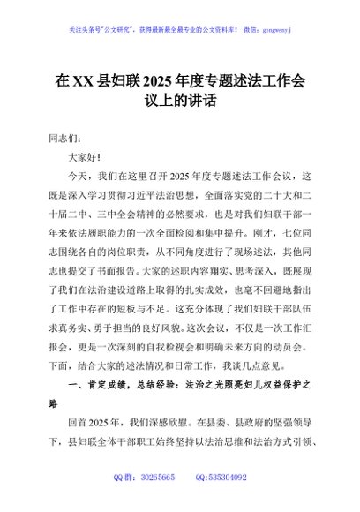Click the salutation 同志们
click(64, 139)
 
